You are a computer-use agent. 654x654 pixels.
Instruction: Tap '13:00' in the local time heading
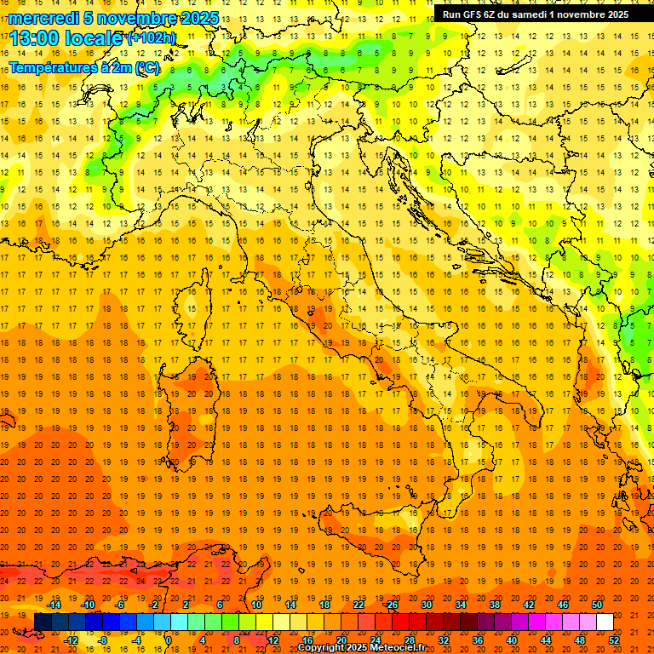(x=32, y=38)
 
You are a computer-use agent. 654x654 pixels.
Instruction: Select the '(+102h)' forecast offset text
(x=152, y=38)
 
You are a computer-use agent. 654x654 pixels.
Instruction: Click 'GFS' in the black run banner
(x=474, y=14)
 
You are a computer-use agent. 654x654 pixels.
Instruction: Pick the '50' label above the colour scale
(x=596, y=605)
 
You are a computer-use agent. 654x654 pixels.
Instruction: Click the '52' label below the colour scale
(x=613, y=640)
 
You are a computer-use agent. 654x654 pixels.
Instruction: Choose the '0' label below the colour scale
(x=168, y=640)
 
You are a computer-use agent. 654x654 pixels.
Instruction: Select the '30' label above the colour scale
(x=426, y=605)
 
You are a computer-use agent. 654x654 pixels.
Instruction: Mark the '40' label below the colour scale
(x=511, y=640)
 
